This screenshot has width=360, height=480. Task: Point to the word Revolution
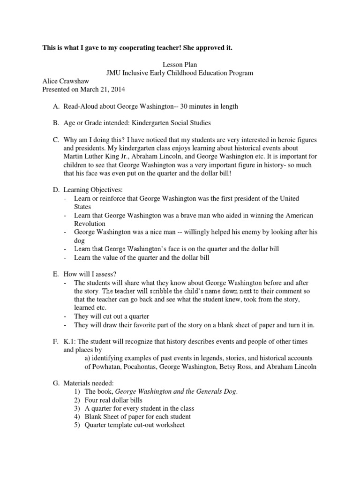point(90,224)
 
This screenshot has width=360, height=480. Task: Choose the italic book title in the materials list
point(176,391)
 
